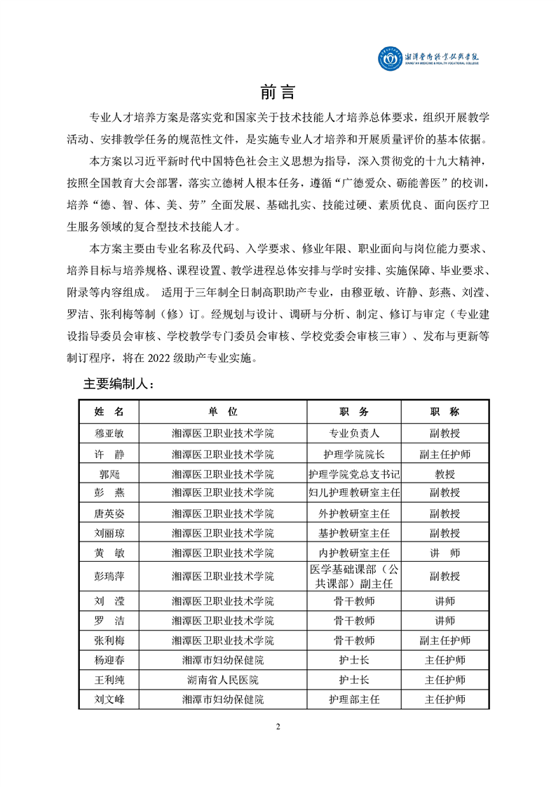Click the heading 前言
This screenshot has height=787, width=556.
click(278, 92)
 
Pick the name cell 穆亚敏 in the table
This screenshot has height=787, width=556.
click(109, 433)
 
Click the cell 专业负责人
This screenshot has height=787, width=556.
click(354, 433)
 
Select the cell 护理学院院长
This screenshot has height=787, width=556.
click(354, 454)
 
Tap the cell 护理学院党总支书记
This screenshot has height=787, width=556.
click(354, 473)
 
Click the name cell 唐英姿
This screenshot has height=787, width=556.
click(109, 513)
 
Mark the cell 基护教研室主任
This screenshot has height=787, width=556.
click(354, 533)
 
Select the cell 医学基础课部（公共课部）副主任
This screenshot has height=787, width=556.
click(354, 576)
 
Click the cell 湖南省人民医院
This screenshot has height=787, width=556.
click(223, 680)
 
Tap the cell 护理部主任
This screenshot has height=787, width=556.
click(354, 699)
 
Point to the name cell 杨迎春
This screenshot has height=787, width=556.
click(109, 660)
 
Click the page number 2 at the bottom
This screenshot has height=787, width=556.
click(278, 726)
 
